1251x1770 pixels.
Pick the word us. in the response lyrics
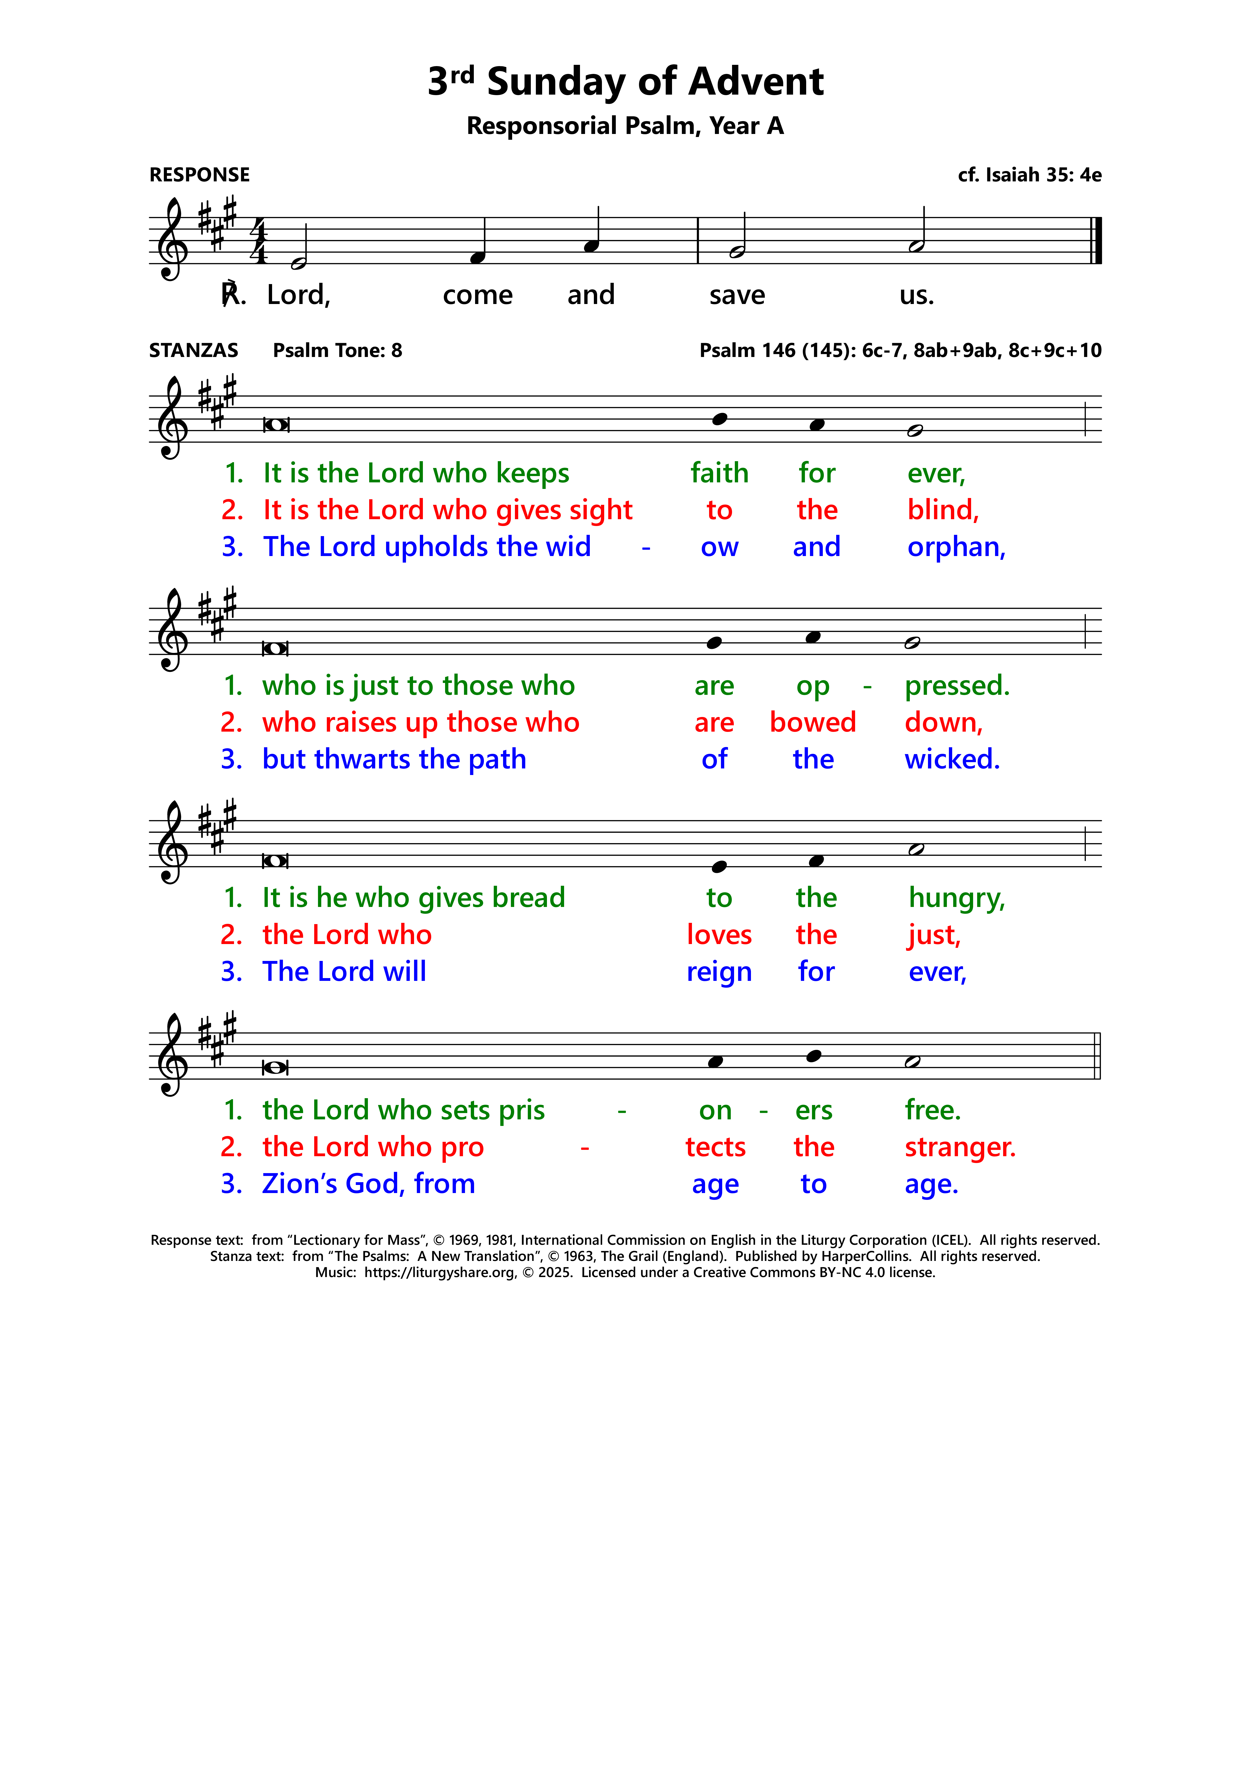(x=916, y=295)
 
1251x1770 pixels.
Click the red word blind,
(x=943, y=510)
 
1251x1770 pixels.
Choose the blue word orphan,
(x=956, y=547)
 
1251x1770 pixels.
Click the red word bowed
(x=812, y=722)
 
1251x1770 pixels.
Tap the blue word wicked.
(x=952, y=759)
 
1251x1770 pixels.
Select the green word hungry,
(x=956, y=898)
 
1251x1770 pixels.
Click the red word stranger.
(x=960, y=1147)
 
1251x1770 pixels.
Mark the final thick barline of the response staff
(x=1098, y=240)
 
